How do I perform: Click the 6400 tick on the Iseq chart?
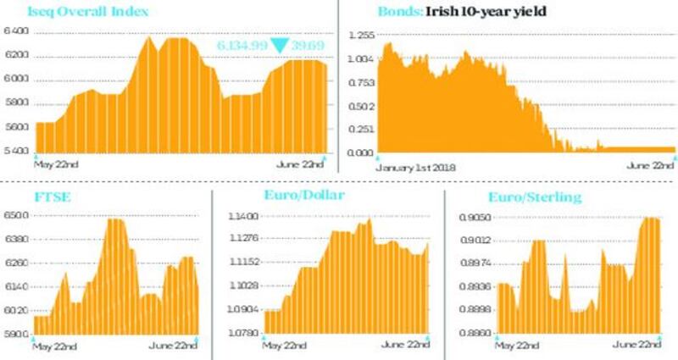click(x=16, y=31)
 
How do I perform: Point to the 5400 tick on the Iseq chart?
click(x=16, y=151)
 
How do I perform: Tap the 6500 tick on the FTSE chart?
click(x=16, y=216)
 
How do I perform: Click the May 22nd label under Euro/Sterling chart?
click(x=518, y=346)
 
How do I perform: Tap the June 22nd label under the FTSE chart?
click(x=174, y=346)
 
